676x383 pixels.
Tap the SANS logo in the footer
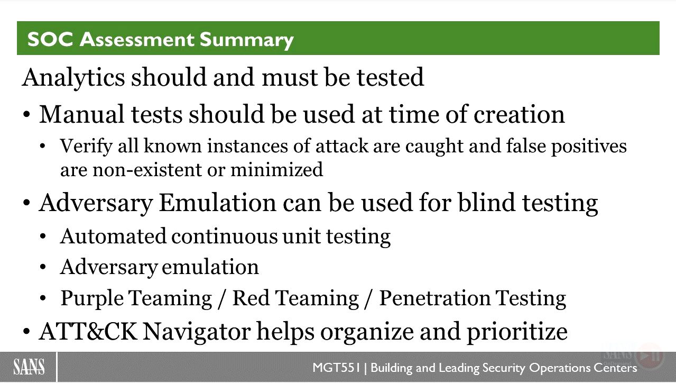click(x=29, y=367)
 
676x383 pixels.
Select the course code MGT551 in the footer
click(x=337, y=368)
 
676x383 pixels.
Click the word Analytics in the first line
click(x=73, y=78)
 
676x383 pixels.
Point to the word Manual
click(x=81, y=114)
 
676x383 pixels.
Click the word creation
click(x=519, y=115)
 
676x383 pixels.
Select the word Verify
click(x=86, y=147)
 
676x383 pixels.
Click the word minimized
click(x=277, y=169)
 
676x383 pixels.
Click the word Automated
click(x=113, y=236)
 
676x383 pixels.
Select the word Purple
click(x=92, y=299)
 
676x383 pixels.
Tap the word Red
click(x=251, y=298)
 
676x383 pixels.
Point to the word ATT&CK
click(x=88, y=332)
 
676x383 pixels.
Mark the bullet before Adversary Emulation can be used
click(x=26, y=203)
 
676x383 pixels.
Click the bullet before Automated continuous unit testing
click(x=43, y=236)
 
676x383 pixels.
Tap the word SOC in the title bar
click(x=50, y=40)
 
